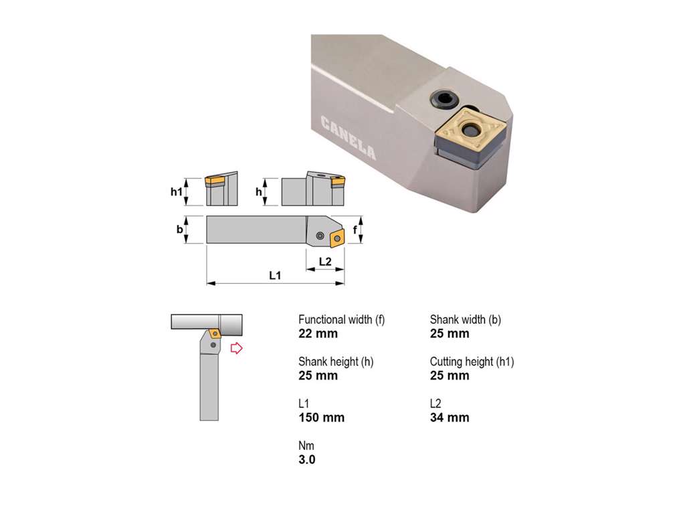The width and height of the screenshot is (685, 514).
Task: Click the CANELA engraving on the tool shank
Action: [348, 138]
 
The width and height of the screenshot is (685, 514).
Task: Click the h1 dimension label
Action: [176, 191]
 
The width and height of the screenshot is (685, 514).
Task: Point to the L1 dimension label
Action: [275, 275]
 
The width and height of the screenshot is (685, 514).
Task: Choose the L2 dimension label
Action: [325, 262]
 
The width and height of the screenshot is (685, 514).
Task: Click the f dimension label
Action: [355, 230]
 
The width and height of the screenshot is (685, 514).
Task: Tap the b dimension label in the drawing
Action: [179, 229]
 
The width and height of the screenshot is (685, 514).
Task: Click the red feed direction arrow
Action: [236, 348]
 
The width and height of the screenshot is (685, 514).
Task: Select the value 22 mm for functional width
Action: [318, 333]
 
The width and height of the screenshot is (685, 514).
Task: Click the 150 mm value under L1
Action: [322, 418]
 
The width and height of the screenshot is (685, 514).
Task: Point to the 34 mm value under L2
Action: [450, 418]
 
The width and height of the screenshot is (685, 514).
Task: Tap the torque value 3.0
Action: [306, 459]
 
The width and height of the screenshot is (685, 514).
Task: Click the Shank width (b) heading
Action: [466, 319]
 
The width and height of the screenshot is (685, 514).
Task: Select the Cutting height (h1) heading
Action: [472, 361]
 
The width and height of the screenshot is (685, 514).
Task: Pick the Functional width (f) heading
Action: [342, 319]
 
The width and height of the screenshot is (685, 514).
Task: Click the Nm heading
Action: [306, 445]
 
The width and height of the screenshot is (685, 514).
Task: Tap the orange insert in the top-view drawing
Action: [337, 238]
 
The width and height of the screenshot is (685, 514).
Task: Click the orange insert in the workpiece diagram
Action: [215, 333]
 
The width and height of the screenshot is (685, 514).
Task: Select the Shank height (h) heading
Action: [336, 361]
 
